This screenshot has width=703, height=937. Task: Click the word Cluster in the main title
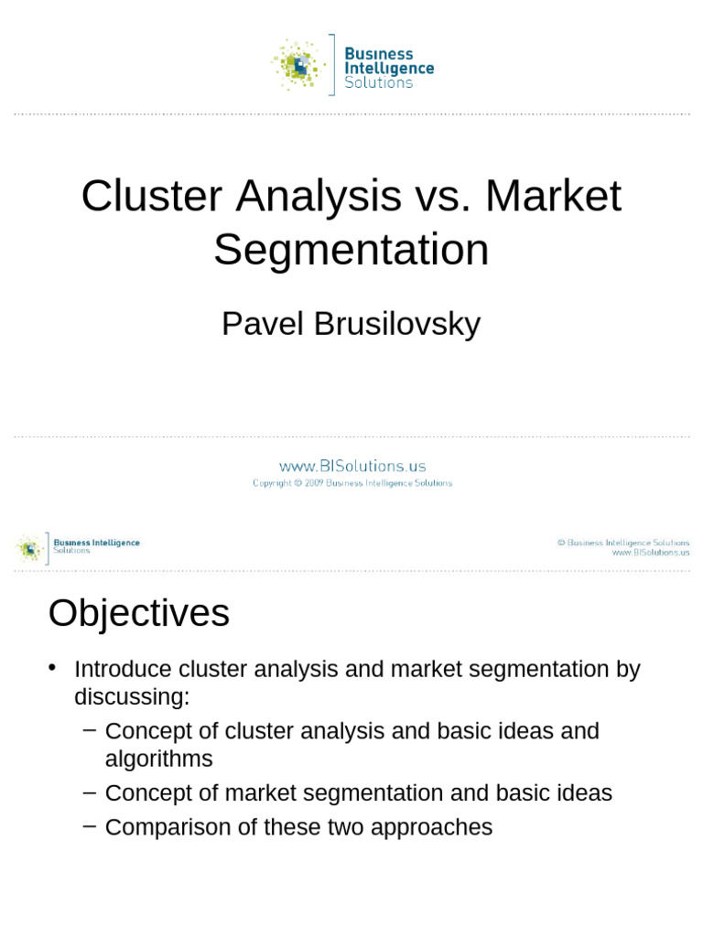pyautogui.click(x=151, y=196)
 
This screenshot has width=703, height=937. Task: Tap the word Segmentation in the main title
pyautogui.click(x=351, y=250)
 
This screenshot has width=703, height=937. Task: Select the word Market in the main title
pyautogui.click(x=554, y=196)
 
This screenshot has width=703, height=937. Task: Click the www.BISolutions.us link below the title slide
pyautogui.click(x=352, y=466)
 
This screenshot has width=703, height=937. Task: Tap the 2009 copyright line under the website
pyautogui.click(x=352, y=483)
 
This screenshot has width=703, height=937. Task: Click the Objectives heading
pyautogui.click(x=138, y=613)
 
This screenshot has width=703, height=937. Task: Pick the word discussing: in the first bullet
pyautogui.click(x=132, y=697)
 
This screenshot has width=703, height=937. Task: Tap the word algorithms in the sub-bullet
pyautogui.click(x=158, y=759)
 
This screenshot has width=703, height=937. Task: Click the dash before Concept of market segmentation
pyautogui.click(x=89, y=791)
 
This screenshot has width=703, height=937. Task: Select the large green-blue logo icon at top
pyautogui.click(x=298, y=65)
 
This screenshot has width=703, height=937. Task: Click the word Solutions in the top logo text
pyautogui.click(x=378, y=82)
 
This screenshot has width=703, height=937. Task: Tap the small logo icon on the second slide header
pyautogui.click(x=29, y=548)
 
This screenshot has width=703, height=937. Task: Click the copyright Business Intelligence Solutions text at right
pyautogui.click(x=623, y=543)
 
